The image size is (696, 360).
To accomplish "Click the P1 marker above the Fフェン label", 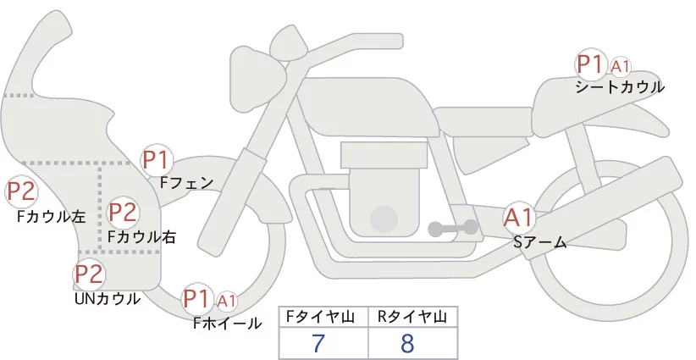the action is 157,159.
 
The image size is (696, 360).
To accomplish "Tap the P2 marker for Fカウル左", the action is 22,192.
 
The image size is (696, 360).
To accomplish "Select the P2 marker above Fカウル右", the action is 123,212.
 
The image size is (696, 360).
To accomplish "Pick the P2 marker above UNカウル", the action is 89,274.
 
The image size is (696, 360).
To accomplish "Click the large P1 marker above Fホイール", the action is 197,298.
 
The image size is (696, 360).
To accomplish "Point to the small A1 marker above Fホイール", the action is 227,301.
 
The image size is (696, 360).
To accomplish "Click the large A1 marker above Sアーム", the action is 518,218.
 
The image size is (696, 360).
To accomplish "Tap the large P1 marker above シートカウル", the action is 589,64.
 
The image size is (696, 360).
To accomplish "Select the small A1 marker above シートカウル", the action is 621,66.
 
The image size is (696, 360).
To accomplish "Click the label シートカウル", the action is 620,87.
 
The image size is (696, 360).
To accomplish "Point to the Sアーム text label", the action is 539,242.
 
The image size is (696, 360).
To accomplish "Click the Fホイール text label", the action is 228,323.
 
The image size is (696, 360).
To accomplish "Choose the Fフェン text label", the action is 186,181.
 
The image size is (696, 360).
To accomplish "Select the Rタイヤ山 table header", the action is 412,317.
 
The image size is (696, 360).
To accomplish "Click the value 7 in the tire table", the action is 318,344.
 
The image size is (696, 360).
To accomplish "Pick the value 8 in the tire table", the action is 407,344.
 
